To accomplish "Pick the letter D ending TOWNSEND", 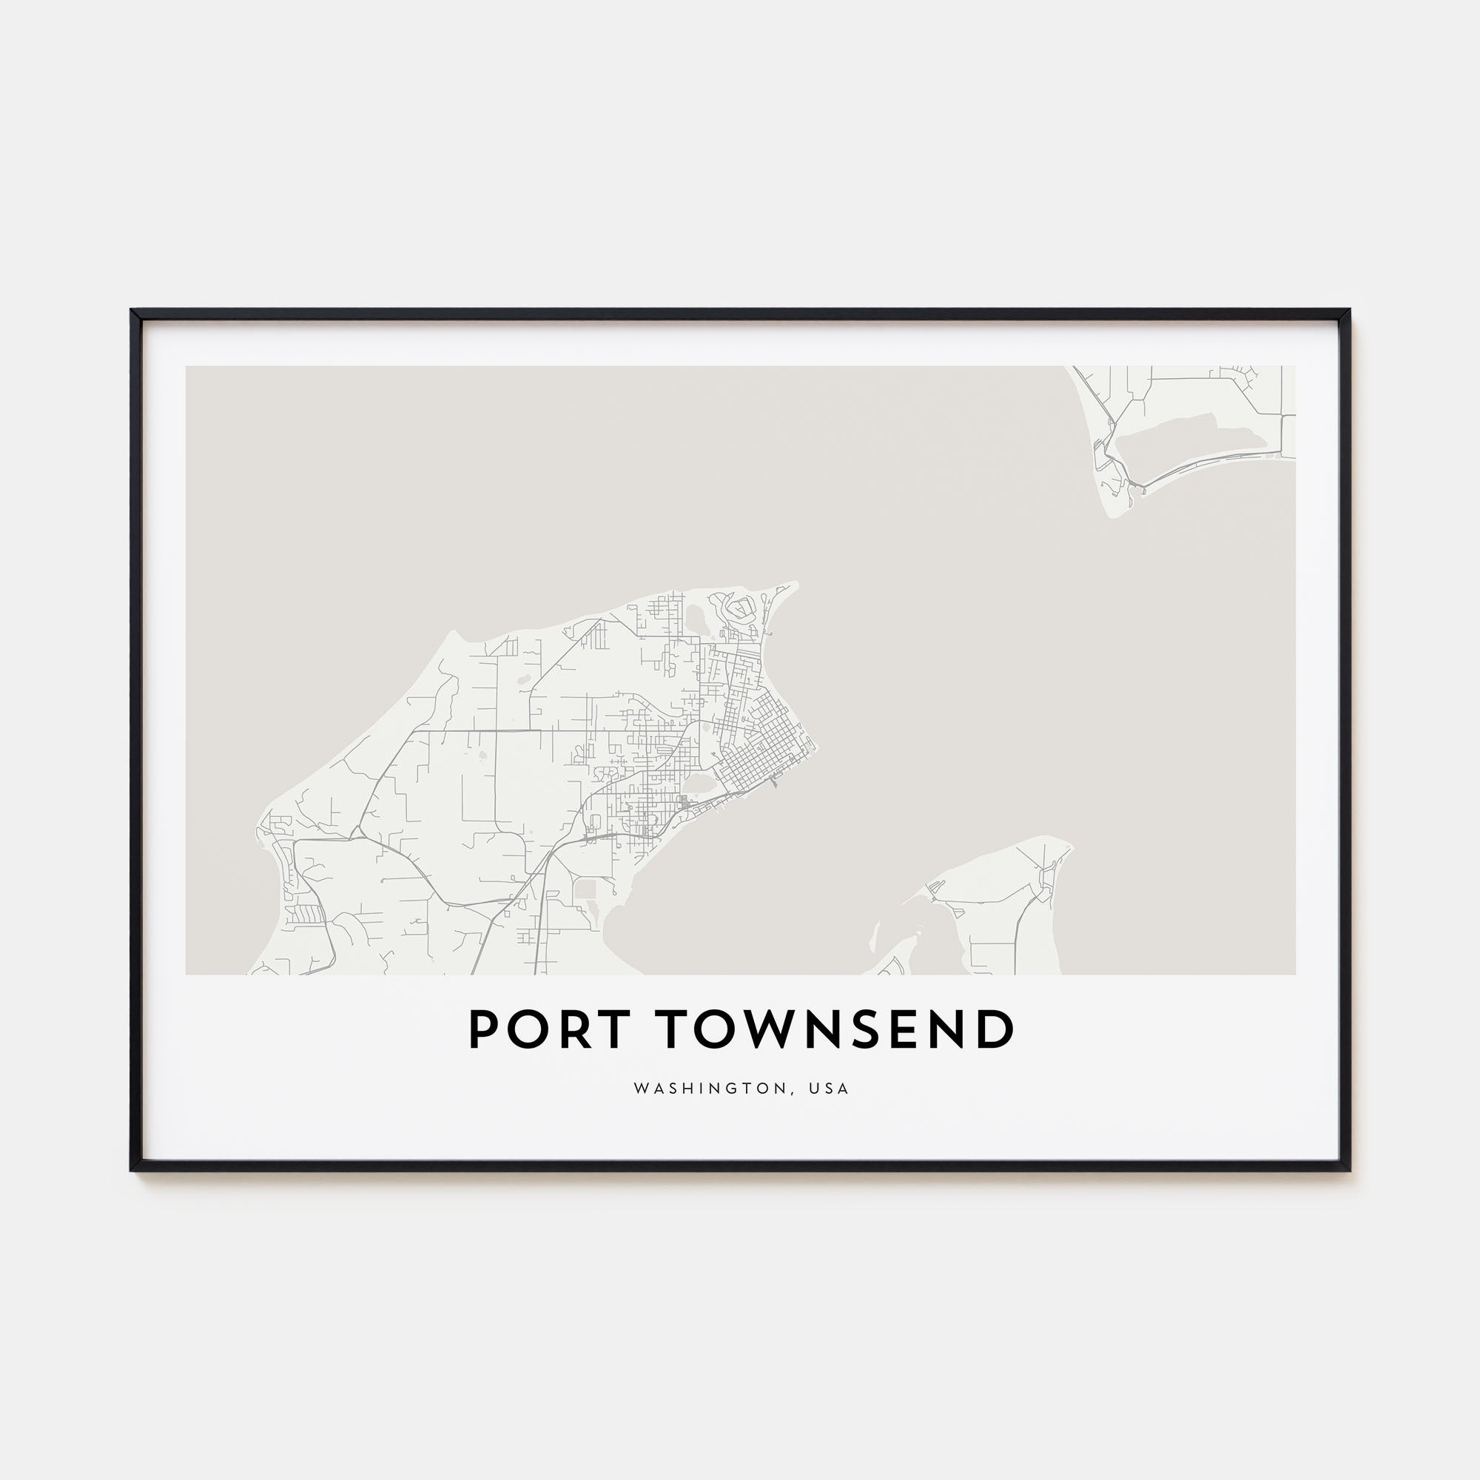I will point(994,1030).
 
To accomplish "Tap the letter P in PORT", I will point(485,1030).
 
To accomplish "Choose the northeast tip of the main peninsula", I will point(795,585).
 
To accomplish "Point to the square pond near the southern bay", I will point(586,889).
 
